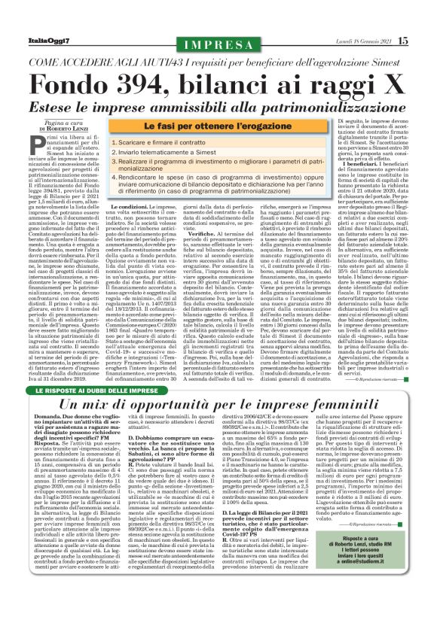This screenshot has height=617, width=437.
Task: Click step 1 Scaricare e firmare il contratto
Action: [193, 141]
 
